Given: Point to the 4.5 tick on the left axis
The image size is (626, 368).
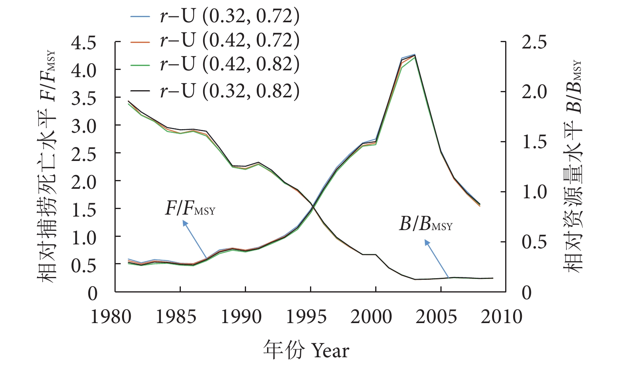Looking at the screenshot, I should [83, 43].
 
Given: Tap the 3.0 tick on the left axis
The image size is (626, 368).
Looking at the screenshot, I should [83, 126].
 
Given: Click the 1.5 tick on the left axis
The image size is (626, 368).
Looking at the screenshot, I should [83, 209].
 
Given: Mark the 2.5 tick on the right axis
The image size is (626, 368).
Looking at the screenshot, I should [534, 43].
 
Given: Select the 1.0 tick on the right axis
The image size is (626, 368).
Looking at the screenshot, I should [534, 192].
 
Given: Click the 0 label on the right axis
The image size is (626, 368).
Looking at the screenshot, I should [526, 293].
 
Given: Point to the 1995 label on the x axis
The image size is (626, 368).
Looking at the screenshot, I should [306, 317].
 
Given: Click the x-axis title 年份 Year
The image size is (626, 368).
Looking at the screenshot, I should [306, 351].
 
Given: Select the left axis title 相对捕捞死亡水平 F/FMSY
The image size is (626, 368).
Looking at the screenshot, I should [47, 167].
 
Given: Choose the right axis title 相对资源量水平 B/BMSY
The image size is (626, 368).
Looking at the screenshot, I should [573, 167].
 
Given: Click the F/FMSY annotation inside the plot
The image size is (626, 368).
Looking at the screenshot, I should [190, 208].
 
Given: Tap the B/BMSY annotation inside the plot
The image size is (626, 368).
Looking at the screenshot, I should [426, 225].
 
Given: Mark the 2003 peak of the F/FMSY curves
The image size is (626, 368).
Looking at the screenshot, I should [415, 55].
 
